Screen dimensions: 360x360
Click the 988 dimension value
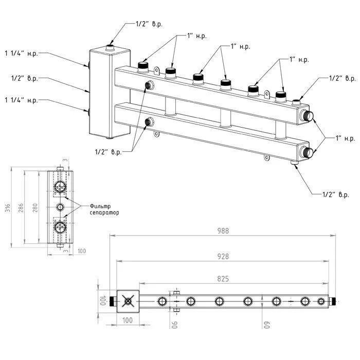pyautogui.click(x=222, y=231)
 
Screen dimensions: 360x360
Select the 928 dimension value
pyautogui.click(x=222, y=256)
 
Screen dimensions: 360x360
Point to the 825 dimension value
pyautogui.click(x=222, y=278)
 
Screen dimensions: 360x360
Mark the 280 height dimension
pyautogui.click(x=35, y=207)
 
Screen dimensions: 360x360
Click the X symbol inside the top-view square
pyautogui.click(x=128, y=300)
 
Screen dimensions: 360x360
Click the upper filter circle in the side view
pyautogui.click(x=60, y=186)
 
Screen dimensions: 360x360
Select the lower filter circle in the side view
pyautogui.click(x=60, y=227)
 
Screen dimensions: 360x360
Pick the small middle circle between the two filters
pyautogui.click(x=61, y=207)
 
